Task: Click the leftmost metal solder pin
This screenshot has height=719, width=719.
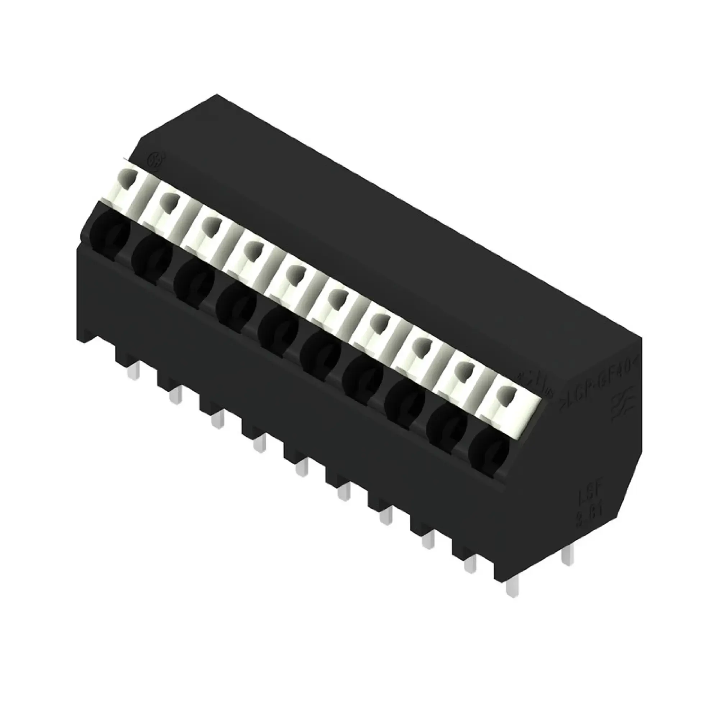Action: coord(134,371)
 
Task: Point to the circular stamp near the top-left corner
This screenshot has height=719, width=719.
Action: coord(153,159)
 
